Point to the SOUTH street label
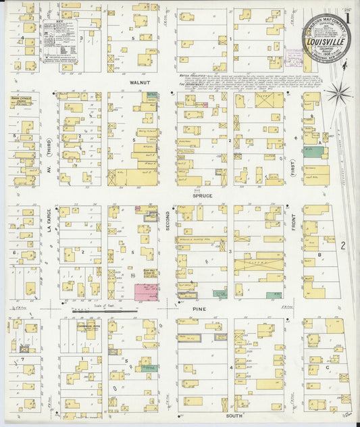234,416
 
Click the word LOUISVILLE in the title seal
322,41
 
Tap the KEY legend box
59,42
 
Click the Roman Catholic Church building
24,101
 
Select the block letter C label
328,368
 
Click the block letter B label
319,255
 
